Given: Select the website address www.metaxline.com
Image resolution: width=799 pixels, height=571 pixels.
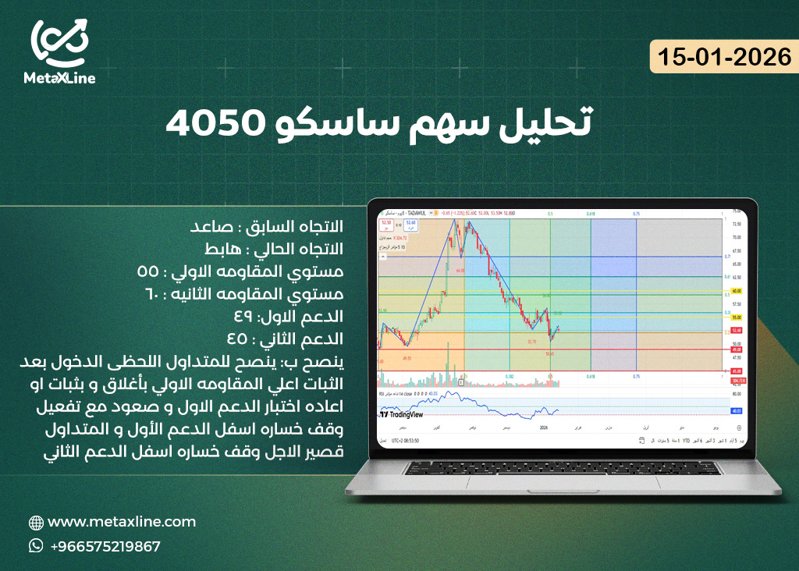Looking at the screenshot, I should click(122, 522).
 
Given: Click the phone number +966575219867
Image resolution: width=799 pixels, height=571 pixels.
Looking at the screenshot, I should click(105, 546).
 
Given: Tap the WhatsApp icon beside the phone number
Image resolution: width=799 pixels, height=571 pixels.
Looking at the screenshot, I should click(36, 546).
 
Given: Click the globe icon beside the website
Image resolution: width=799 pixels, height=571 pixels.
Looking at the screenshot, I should click(36, 523).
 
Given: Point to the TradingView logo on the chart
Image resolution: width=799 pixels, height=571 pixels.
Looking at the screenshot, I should click(401, 415).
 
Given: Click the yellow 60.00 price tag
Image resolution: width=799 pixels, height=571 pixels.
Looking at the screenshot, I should click(736, 290).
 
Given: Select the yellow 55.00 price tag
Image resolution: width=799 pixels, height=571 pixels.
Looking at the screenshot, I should click(736, 318).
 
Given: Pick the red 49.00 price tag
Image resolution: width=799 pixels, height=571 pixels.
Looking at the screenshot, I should click(736, 349).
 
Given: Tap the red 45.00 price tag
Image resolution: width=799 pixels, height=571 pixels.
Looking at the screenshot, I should click(736, 371).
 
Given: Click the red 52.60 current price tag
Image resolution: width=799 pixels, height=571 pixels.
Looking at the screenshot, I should click(736, 331).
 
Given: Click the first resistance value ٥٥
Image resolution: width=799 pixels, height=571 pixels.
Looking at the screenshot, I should click(147, 271).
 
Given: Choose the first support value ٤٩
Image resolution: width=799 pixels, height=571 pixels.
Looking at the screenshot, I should click(243, 317).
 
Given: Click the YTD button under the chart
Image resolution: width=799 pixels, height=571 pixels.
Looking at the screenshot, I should click(685, 441).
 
